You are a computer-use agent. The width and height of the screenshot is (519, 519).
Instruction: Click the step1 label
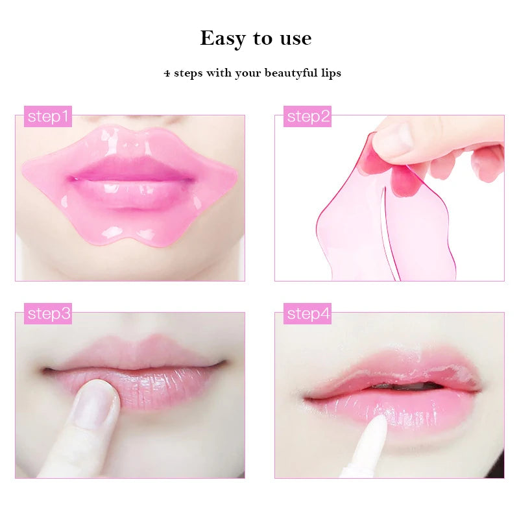pos(48,117)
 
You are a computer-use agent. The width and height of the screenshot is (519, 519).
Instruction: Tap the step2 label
pos(308,117)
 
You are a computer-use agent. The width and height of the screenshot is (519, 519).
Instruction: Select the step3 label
pos(48,314)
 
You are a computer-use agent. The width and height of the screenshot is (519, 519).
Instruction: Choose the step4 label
pos(308,314)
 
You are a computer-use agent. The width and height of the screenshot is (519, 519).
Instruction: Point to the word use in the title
pos(295,39)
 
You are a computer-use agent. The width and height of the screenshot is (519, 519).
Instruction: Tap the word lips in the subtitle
pos(330,73)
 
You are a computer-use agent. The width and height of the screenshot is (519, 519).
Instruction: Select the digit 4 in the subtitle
pos(167,73)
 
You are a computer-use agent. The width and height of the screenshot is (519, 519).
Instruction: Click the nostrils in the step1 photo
pos(129,121)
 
